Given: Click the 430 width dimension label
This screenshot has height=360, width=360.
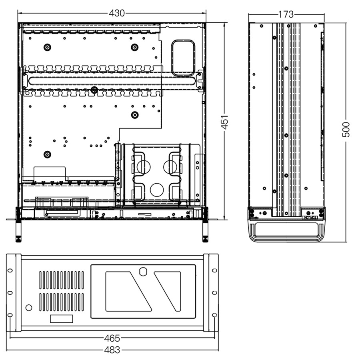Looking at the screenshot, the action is point(117,13).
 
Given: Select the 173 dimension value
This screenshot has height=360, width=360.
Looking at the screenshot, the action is point(286,14).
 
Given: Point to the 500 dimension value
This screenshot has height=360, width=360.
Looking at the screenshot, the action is point(346,130).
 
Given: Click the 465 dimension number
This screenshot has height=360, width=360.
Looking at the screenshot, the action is point(112,338).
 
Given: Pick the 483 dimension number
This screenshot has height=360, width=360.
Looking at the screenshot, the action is point(112,350).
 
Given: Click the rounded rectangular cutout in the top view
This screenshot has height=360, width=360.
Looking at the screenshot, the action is point(184,58).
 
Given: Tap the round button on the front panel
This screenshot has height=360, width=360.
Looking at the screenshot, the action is point(29,308).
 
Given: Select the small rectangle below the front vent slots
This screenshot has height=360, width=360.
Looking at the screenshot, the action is point(62,319).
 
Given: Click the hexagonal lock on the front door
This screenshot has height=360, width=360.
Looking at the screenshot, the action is point(143,271).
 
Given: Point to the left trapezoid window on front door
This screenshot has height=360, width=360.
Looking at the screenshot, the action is point(128,292).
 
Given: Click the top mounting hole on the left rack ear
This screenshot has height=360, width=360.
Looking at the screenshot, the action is point(10,270).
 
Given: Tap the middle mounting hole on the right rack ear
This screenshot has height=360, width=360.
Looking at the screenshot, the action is point(214,293).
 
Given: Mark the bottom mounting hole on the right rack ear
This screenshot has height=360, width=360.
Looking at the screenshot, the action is point(214,315).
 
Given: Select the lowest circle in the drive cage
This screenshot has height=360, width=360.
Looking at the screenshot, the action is point(156,190).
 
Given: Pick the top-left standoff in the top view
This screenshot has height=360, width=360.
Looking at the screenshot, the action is point(47,47).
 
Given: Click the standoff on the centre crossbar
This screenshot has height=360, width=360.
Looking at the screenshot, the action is point(94,90).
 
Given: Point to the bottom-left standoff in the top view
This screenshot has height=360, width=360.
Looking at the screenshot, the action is point(47,154).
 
